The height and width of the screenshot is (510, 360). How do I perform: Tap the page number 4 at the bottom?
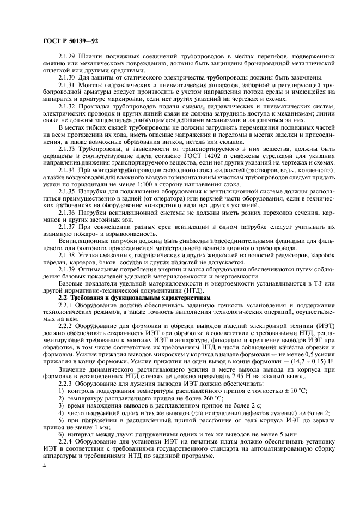45,466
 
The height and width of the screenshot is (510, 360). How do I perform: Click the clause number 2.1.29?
68,57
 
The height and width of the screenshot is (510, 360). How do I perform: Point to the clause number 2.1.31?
68,86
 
